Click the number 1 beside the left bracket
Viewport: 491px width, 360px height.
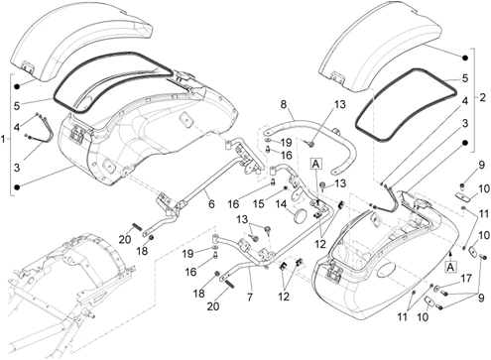pyautogui.click(x=3, y=139)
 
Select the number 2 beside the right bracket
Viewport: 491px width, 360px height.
pyautogui.click(x=482, y=97)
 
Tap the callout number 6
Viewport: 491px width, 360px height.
pyautogui.click(x=211, y=203)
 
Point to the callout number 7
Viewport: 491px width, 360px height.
pyautogui.click(x=250, y=297)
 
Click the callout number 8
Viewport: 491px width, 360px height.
pyautogui.click(x=284, y=104)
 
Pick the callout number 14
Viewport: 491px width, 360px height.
pyautogui.click(x=281, y=204)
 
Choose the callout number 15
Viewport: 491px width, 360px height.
pyautogui.click(x=259, y=203)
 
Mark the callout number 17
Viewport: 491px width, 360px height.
pyautogui.click(x=466, y=279)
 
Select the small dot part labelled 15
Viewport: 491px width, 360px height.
pyautogui.click(x=285, y=188)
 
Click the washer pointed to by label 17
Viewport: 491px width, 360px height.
pyautogui.click(x=437, y=288)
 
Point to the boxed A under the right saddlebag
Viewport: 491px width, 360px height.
pyautogui.click(x=450, y=267)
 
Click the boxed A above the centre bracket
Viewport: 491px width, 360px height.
pyautogui.click(x=316, y=164)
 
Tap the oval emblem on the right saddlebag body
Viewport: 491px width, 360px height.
pyautogui.click(x=385, y=270)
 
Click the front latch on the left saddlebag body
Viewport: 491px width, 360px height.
pyautogui.click(x=78, y=135)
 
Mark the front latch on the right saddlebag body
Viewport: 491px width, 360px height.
pyautogui.click(x=332, y=272)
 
